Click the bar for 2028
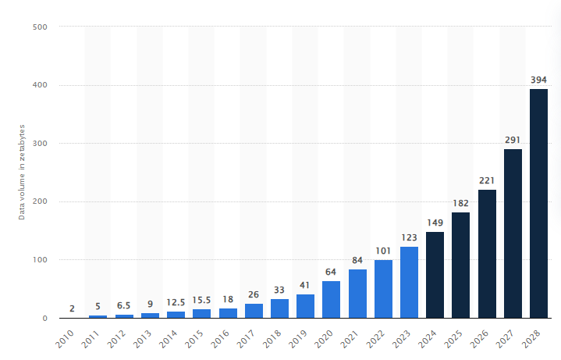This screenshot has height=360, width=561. point(538,203)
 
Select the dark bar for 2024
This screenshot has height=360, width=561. point(435,275)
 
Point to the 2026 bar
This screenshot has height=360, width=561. point(487,254)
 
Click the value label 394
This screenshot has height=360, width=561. point(538,79)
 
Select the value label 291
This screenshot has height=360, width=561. point(513,139)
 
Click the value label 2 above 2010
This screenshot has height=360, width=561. point(72,308)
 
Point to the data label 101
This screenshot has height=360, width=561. point(383,251)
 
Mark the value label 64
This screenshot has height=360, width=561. point(331,272)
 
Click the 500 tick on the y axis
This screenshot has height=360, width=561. point(41,27)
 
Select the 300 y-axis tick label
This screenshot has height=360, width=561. point(41,144)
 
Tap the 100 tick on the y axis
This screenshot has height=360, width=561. point(41,260)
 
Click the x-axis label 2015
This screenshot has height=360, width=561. point(195,338)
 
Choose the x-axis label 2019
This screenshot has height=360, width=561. point(299,338)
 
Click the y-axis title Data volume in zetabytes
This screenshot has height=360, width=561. point(22,172)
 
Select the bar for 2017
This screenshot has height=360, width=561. point(254,311)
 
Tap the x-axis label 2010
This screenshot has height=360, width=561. point(66,338)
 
